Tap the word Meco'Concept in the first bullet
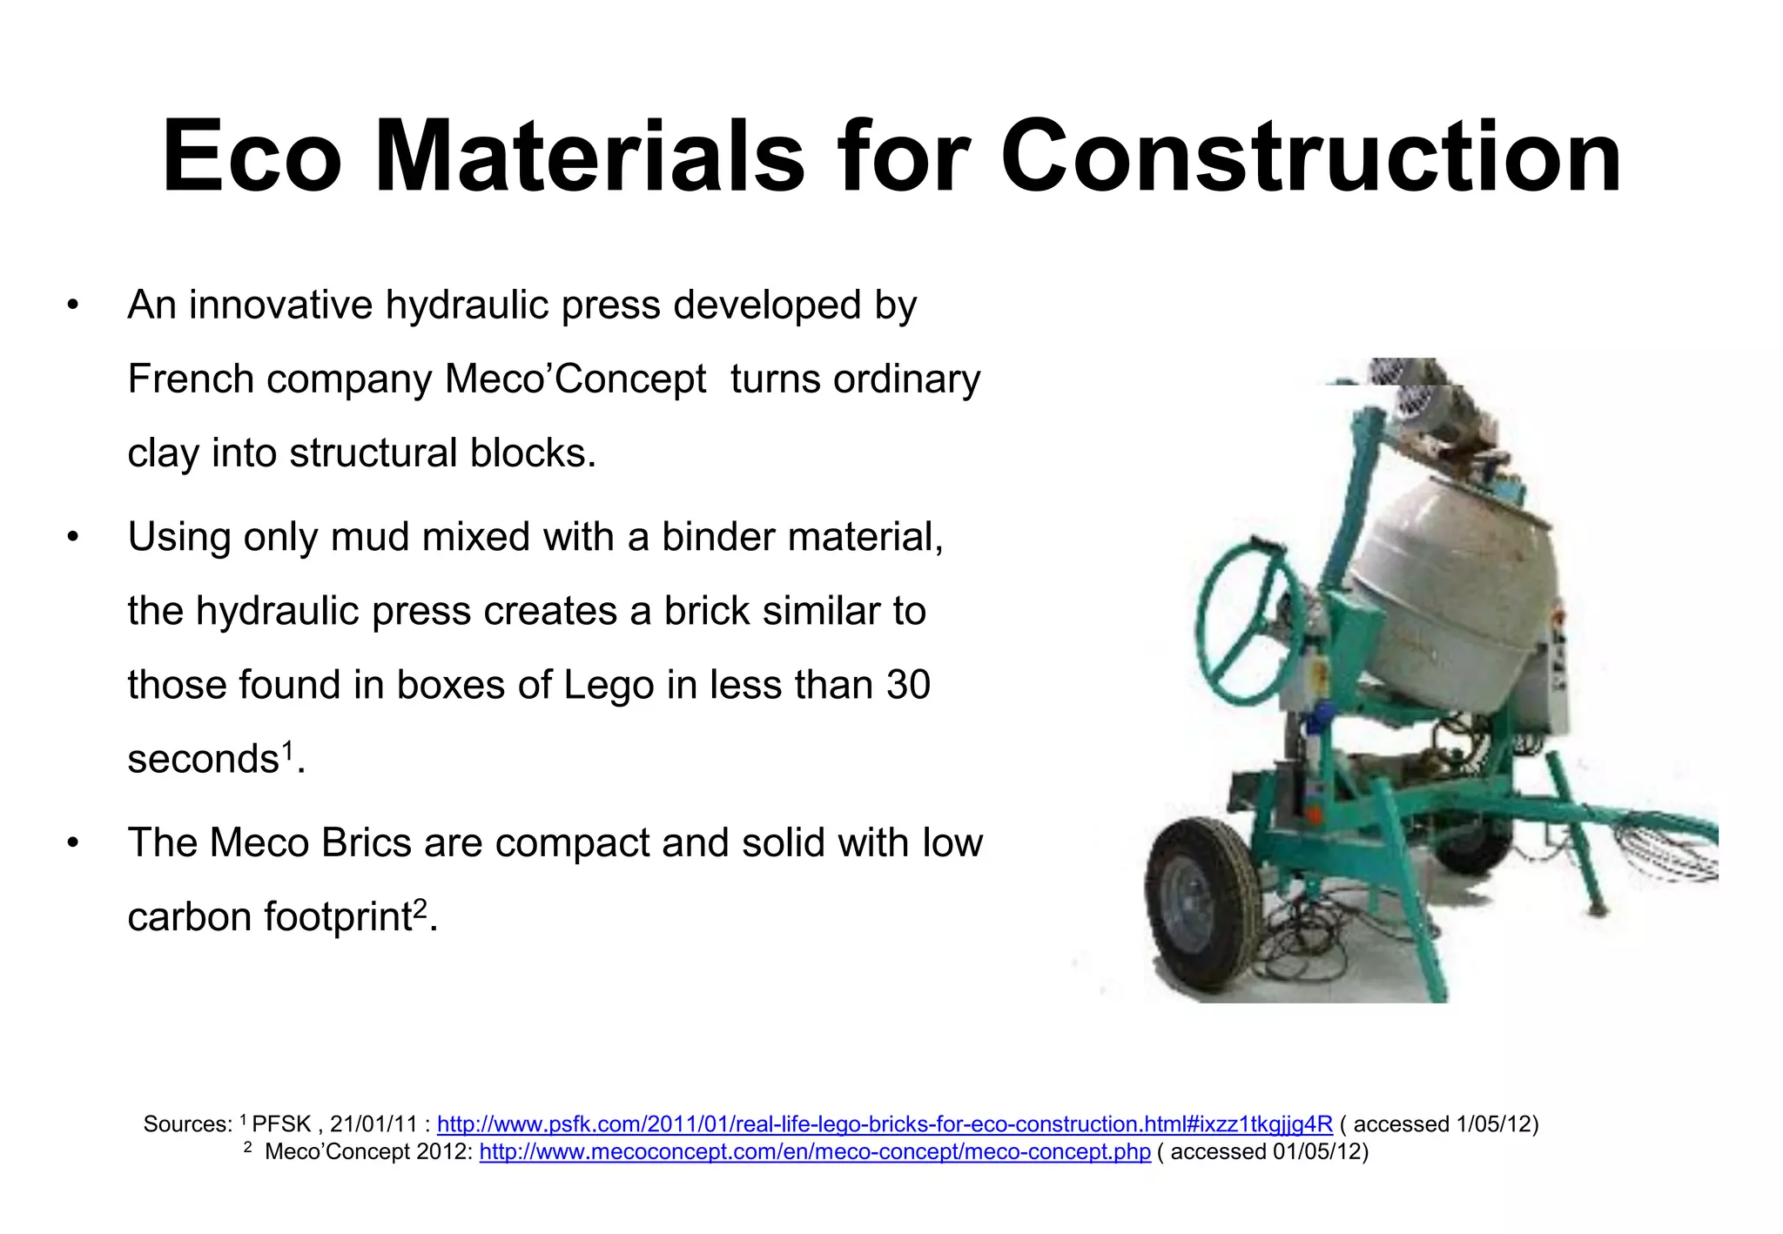click(x=575, y=379)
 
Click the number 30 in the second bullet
click(x=908, y=685)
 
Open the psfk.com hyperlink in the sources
click(x=884, y=1124)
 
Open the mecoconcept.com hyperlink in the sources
click(x=814, y=1152)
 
